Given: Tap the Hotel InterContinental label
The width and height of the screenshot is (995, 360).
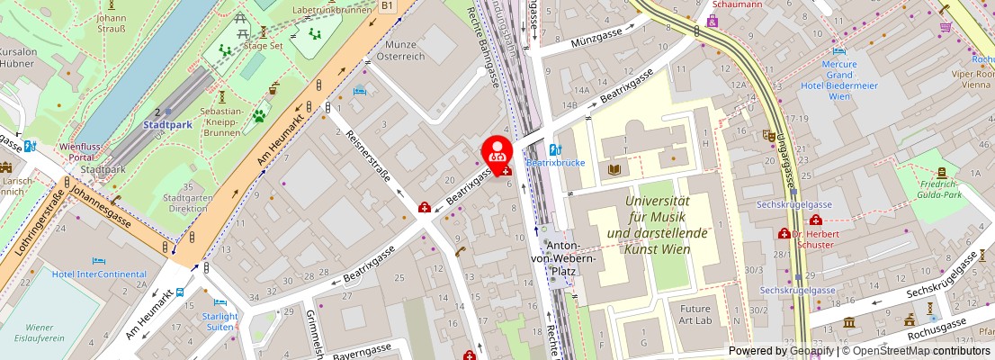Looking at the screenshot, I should tap(99, 274).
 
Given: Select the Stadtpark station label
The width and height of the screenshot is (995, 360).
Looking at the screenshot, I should tap(166, 125).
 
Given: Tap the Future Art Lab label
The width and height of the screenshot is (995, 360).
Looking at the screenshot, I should tap(695, 314).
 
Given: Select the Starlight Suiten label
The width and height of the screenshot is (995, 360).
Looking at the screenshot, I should tap(220, 321).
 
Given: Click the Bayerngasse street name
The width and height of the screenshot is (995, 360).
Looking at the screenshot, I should tap(362, 348).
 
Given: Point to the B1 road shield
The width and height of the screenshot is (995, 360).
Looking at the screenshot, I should tap(388, 5).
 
